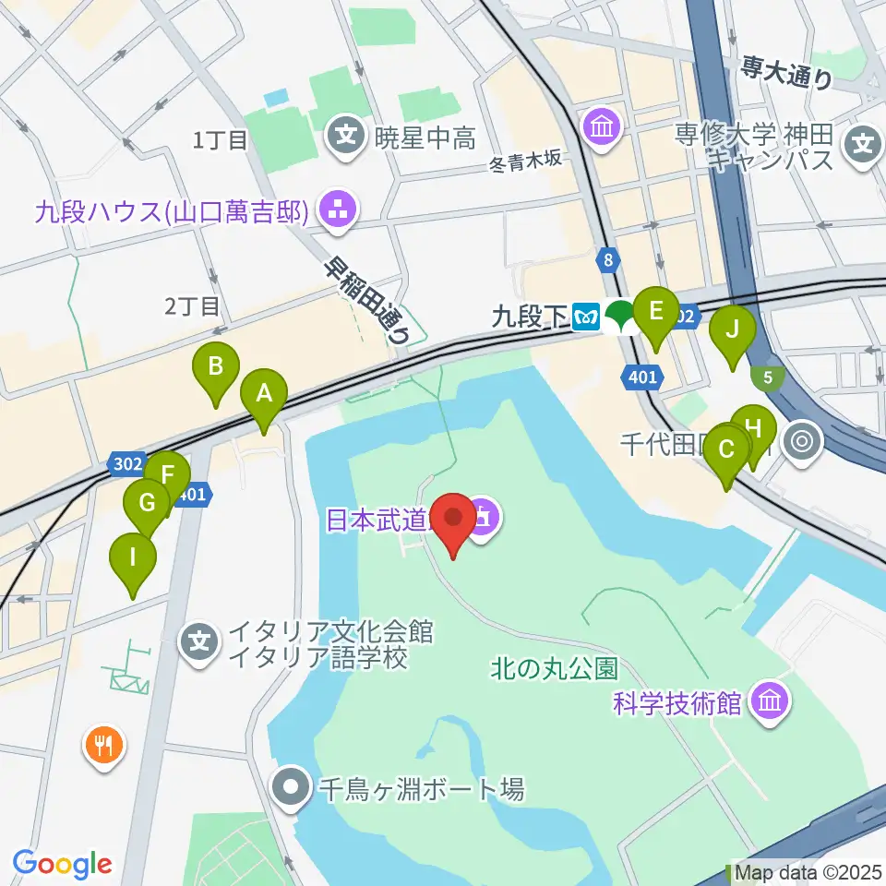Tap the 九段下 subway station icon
coord(586,317)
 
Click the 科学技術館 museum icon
coord(768,703)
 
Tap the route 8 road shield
coord(606,261)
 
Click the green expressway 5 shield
coord(767,376)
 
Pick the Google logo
coord(63,863)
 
